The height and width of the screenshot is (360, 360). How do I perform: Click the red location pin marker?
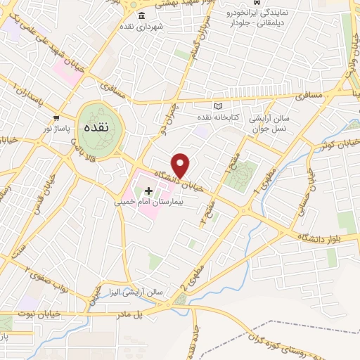(181, 165)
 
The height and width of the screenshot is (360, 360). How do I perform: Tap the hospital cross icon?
(148, 191)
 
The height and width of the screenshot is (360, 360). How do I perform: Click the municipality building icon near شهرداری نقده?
(142, 16)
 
